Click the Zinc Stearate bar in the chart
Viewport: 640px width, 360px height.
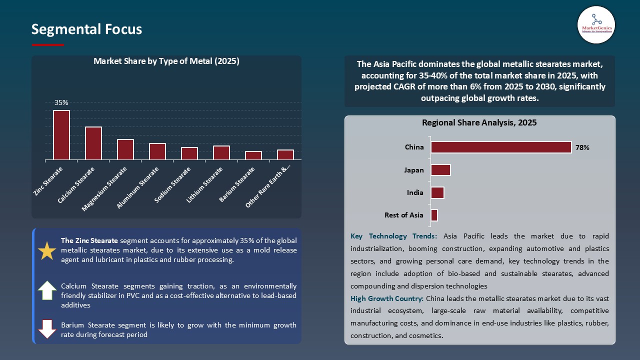click(x=61, y=135)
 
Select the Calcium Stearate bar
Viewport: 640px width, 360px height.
click(x=93, y=143)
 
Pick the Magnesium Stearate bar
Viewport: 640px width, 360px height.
click(x=125, y=149)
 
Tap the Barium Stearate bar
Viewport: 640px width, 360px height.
click(x=253, y=155)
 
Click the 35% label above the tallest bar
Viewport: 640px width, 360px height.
click(x=61, y=102)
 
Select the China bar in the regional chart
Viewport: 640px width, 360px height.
click(x=501, y=147)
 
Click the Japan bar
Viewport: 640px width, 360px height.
click(x=440, y=170)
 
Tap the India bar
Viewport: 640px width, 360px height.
click(x=437, y=192)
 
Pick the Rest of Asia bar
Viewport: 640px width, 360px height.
click(x=434, y=215)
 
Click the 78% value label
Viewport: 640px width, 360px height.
click(x=582, y=148)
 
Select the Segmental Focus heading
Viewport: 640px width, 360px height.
click(x=86, y=29)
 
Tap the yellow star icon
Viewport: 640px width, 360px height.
click(x=47, y=250)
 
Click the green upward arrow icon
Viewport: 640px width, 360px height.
click(x=47, y=290)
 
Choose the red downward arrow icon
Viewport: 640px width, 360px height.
click(x=47, y=329)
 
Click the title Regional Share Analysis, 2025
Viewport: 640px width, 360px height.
click(x=479, y=122)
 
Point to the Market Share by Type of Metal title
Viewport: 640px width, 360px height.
click(x=166, y=61)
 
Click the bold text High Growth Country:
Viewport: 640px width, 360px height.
click(x=387, y=298)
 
